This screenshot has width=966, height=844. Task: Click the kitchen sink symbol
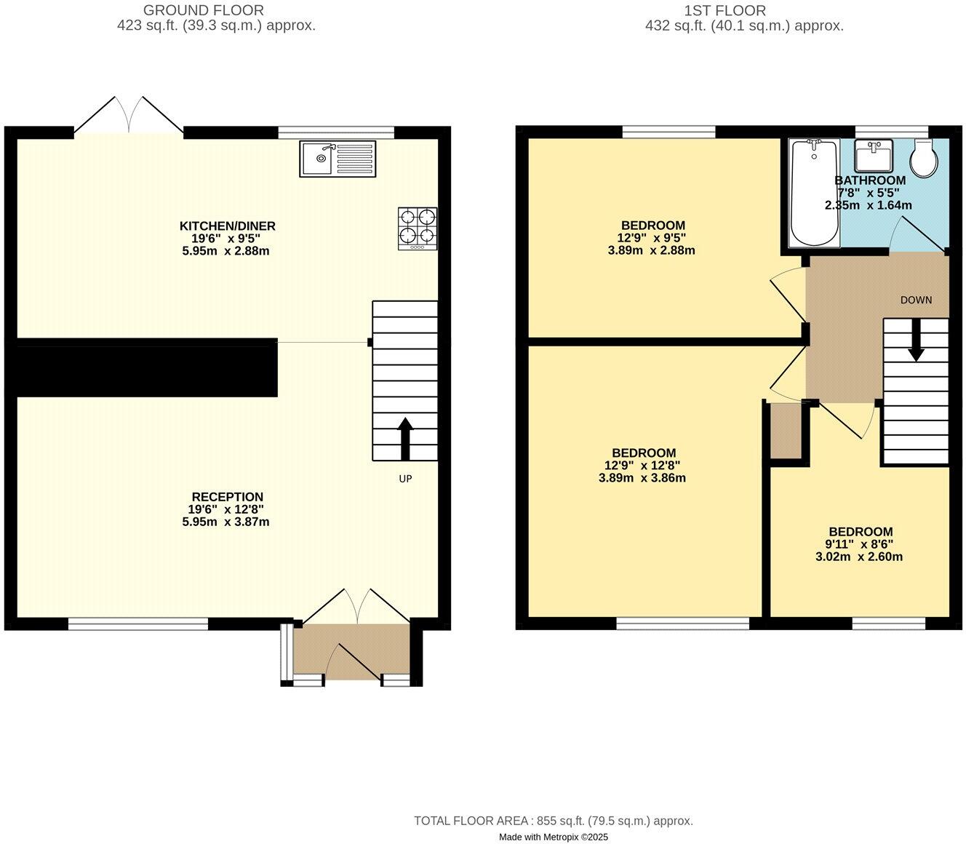(338, 159)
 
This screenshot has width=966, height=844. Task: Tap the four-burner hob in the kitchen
(418, 228)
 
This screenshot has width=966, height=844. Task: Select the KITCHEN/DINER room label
(228, 226)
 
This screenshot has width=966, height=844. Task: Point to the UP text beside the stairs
(405, 479)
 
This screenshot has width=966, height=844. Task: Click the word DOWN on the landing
(916, 300)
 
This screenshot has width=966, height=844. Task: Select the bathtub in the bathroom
(814, 193)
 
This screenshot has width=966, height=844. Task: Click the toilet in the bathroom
(925, 159)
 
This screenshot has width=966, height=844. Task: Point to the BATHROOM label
(870, 180)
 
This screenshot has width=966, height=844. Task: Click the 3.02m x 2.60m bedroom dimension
(859, 557)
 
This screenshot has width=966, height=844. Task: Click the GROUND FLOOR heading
(203, 10)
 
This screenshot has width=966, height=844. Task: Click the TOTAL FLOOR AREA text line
(554, 821)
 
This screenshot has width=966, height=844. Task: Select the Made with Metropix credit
(554, 837)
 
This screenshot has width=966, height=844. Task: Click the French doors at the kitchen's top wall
(129, 116)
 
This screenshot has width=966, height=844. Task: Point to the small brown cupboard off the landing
(786, 431)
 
